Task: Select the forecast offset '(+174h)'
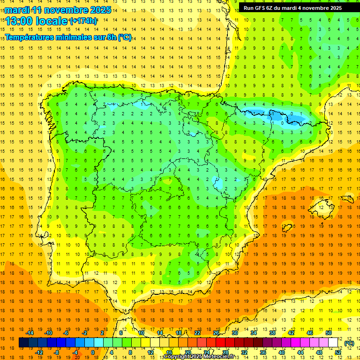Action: click(x=83, y=21)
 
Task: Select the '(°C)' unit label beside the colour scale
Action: click(x=349, y=343)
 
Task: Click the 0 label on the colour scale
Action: click(x=93, y=352)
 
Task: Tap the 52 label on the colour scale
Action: click(x=337, y=352)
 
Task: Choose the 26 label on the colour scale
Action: click(x=216, y=333)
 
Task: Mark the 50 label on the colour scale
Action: click(x=329, y=333)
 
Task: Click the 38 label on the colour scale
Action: click(x=272, y=333)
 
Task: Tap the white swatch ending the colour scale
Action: click(x=333, y=343)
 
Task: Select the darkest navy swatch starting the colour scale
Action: click(x=24, y=343)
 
